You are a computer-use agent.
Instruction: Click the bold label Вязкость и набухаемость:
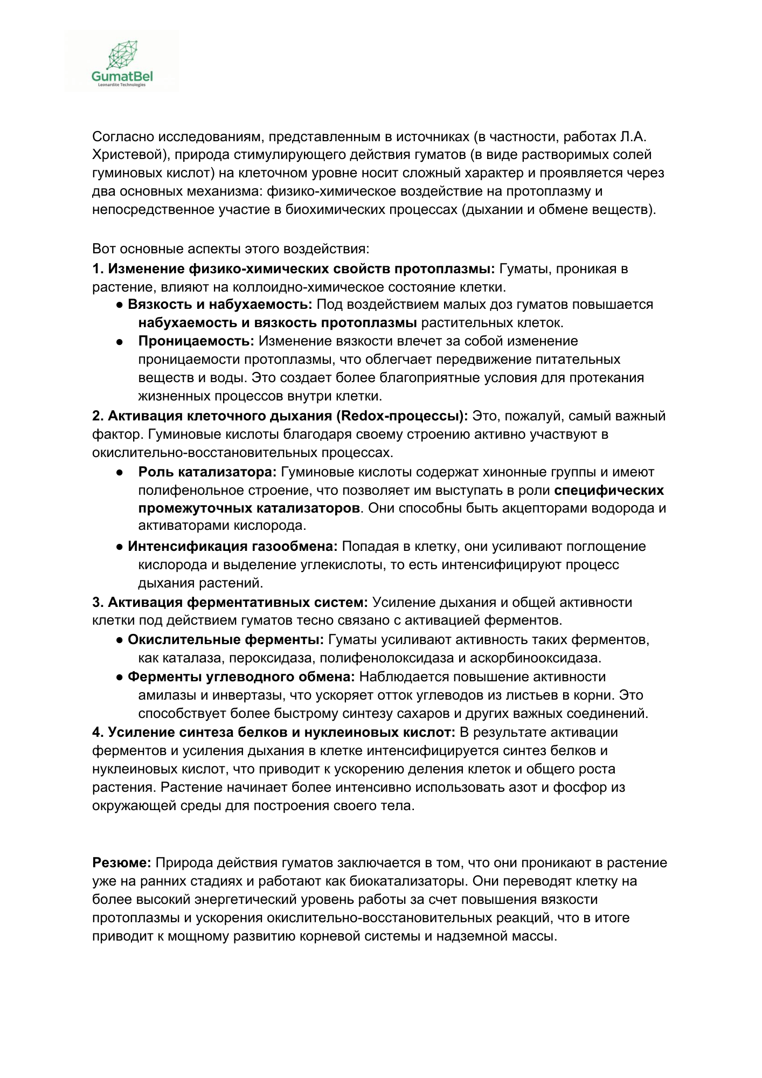[220, 305]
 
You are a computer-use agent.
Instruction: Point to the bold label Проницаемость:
[196, 341]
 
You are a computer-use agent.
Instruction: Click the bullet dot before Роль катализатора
[120, 472]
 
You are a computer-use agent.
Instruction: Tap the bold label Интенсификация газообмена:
[232, 547]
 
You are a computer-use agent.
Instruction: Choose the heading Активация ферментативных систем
[238, 602]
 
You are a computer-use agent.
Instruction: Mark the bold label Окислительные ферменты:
[225, 640]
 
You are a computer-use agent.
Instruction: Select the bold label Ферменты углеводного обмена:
[241, 677]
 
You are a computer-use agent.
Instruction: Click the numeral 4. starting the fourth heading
[98, 733]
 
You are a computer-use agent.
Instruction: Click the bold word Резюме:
[122, 863]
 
